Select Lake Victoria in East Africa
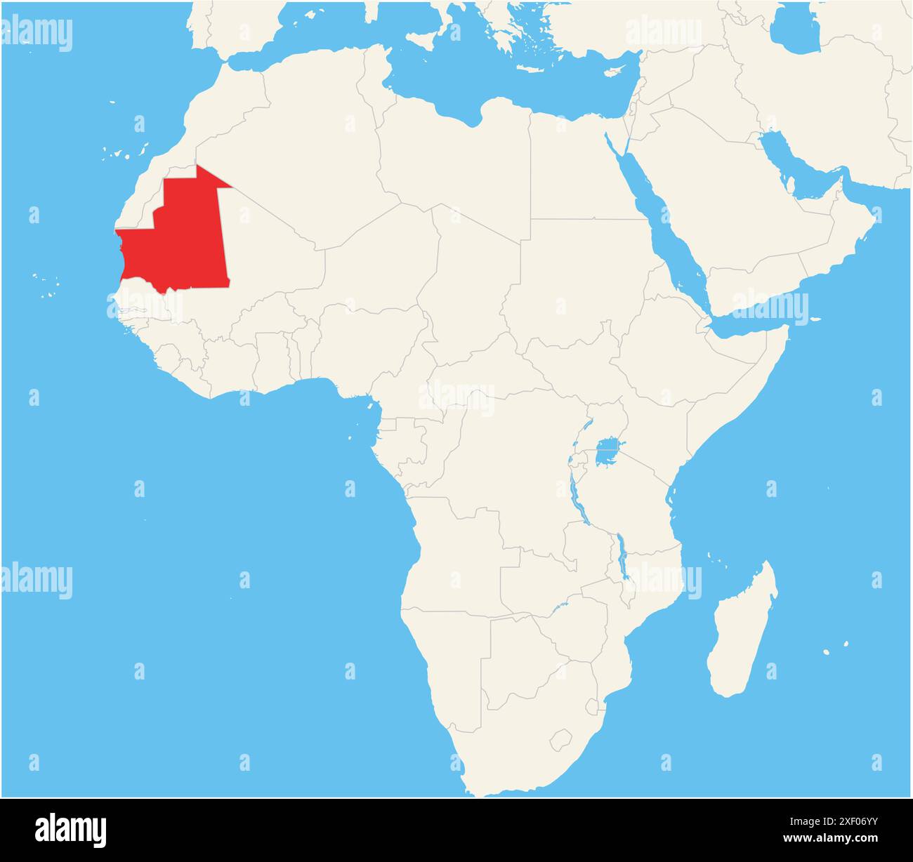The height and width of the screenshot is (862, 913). pyautogui.click(x=608, y=453)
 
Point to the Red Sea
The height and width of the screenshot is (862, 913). pyautogui.click(x=660, y=225)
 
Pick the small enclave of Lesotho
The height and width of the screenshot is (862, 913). pyautogui.click(x=560, y=739)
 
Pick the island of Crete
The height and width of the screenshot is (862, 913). pyautogui.click(x=534, y=69)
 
